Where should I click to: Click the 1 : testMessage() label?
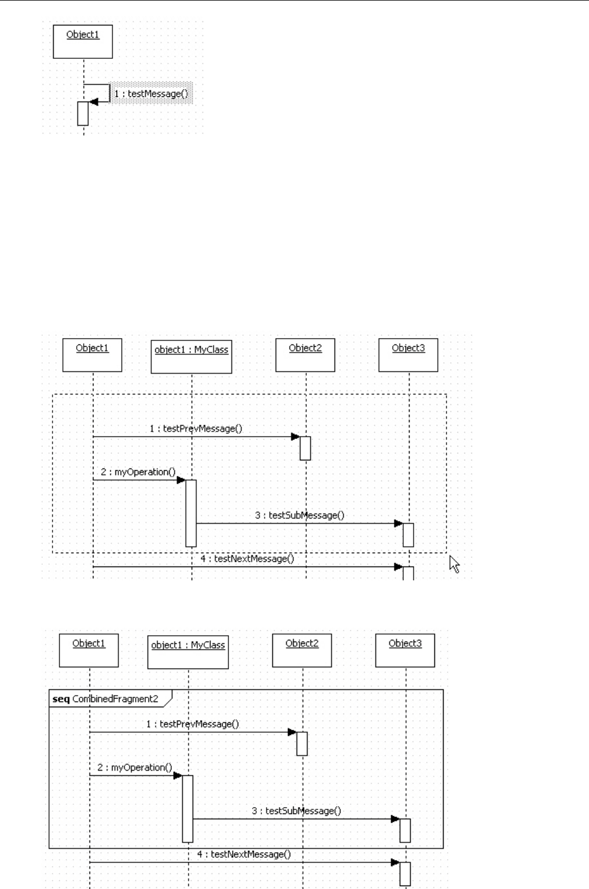click(x=151, y=93)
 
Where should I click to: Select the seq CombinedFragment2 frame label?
click(x=105, y=699)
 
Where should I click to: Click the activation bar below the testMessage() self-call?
click(x=83, y=113)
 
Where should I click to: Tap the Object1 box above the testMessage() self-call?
click(x=82, y=41)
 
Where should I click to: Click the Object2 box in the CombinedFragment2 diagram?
click(x=302, y=650)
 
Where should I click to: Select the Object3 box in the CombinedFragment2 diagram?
click(x=405, y=650)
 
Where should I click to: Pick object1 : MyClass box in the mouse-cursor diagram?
click(x=191, y=357)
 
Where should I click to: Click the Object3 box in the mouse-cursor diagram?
click(x=408, y=355)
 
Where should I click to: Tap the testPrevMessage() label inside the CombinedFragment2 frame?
click(x=192, y=723)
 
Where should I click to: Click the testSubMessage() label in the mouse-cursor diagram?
click(x=299, y=515)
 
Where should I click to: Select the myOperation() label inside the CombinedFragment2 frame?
click(x=134, y=767)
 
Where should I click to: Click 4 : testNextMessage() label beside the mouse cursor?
click(x=247, y=558)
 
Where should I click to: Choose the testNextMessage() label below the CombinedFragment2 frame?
click(x=243, y=854)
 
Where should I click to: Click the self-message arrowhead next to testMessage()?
click(x=93, y=102)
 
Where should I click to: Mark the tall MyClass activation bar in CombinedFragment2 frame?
click(x=187, y=808)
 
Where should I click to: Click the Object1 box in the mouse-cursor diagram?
click(x=92, y=355)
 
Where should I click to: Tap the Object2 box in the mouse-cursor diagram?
click(x=305, y=355)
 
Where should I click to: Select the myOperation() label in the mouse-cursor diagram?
click(x=138, y=472)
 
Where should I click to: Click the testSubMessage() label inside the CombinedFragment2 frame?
click(x=296, y=811)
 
